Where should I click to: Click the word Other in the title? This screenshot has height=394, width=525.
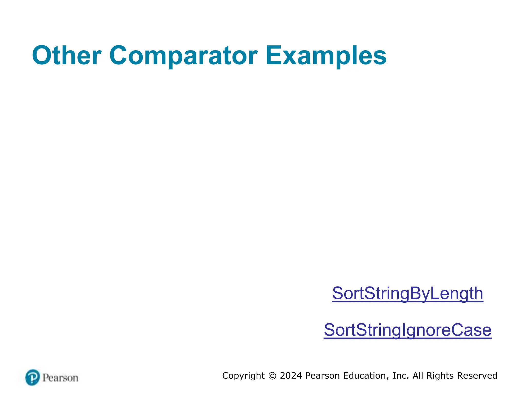[x=67, y=56]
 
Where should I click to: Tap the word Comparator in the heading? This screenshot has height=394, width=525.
[x=183, y=56]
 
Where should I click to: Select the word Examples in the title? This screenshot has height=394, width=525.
[x=326, y=56]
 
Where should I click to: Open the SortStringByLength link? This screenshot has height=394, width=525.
[x=408, y=293]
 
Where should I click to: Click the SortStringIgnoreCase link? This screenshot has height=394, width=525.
[x=408, y=330]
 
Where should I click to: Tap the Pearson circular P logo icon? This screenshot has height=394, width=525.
[x=33, y=377]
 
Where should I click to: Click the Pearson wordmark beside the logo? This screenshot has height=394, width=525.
[x=60, y=378]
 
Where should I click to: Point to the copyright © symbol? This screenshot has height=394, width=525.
[x=272, y=376]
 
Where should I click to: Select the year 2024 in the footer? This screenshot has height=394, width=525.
[x=291, y=376]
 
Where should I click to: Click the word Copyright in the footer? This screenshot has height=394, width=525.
[x=243, y=376]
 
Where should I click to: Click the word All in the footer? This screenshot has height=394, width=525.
[x=418, y=376]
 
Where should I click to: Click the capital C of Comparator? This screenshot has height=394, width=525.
[x=119, y=56]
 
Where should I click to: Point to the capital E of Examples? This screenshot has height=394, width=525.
[x=273, y=56]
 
